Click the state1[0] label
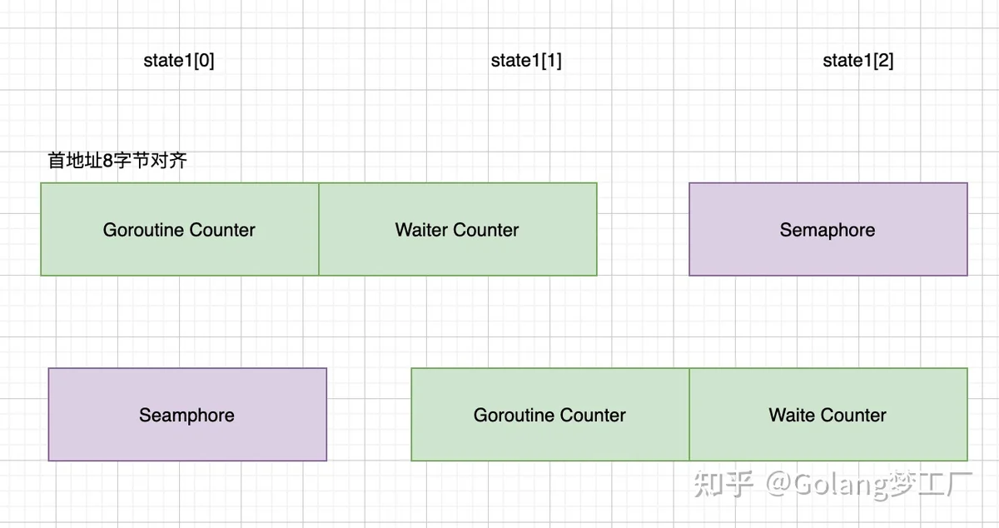pos(179,61)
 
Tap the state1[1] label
pos(526,61)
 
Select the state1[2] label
pos(858,61)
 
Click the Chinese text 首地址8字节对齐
pos(117,160)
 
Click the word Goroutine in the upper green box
pos(142,231)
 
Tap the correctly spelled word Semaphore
pos(828,231)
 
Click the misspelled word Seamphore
pos(186,416)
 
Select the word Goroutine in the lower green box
pos(514,416)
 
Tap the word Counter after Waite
pos(853,415)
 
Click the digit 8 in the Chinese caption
pos(107,161)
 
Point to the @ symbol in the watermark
pos(778,484)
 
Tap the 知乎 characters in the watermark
pos(723,484)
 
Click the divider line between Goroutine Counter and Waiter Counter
pos(319,229)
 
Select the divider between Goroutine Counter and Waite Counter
pos(689,415)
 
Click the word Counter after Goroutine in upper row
pos(221,231)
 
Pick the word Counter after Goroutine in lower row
pos(592,416)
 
